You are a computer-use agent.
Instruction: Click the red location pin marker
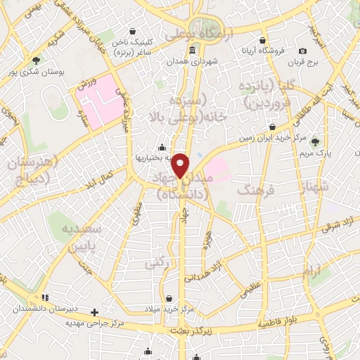[181, 165]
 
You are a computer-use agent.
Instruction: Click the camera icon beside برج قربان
[302, 51]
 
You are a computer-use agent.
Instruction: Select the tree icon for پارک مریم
[314, 142]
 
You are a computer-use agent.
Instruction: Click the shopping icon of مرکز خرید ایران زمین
[271, 127]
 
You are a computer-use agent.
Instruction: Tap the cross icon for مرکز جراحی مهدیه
[95, 311]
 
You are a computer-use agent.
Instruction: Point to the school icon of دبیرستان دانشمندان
[46, 298]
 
